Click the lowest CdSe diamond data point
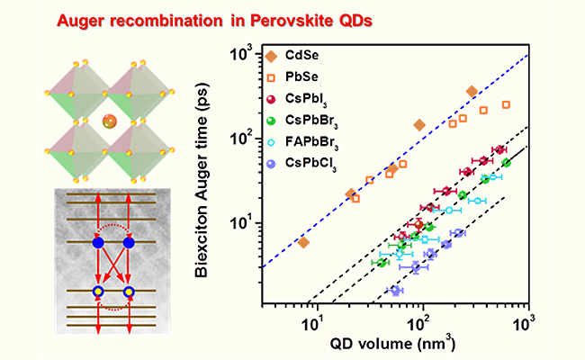[303, 242]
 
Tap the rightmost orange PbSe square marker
[506, 104]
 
